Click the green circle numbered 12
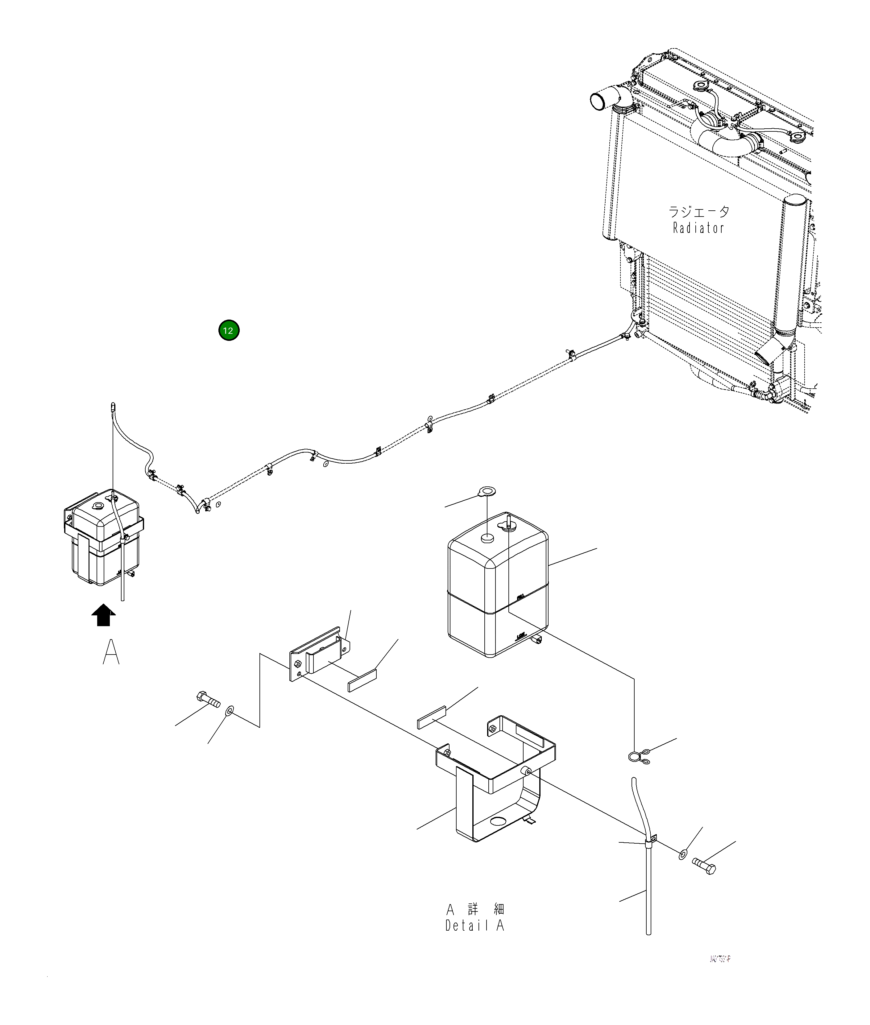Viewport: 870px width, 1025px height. point(229,330)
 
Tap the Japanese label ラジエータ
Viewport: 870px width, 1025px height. point(698,212)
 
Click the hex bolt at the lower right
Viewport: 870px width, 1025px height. point(704,866)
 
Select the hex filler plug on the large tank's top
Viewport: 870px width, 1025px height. point(487,538)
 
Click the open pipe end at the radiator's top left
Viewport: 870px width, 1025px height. point(598,101)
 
